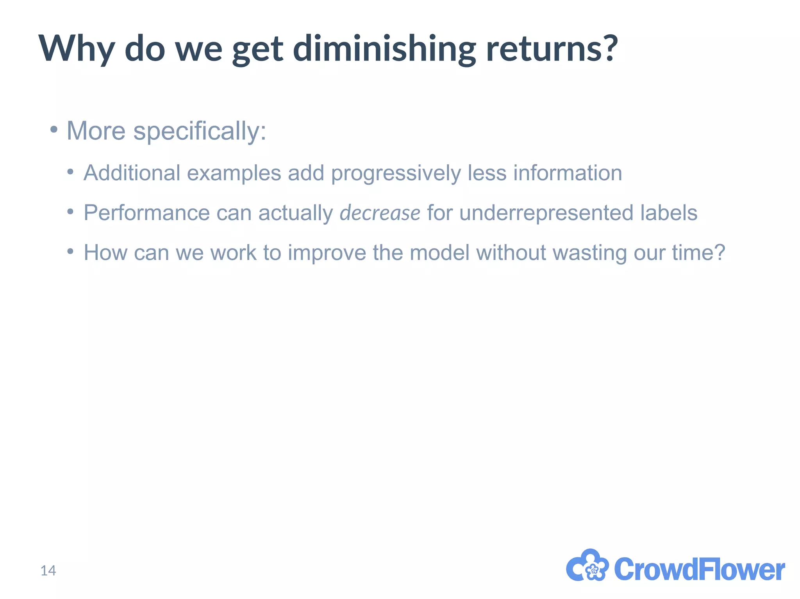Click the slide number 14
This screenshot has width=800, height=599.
48,571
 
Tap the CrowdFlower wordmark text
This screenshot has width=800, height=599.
699,569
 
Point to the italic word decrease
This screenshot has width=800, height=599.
380,213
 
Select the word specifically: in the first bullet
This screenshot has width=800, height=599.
200,131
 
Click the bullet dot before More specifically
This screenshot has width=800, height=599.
54,129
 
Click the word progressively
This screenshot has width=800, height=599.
396,174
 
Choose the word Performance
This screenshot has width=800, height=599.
147,213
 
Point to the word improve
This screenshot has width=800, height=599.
327,253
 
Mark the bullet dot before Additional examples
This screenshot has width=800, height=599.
70,172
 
